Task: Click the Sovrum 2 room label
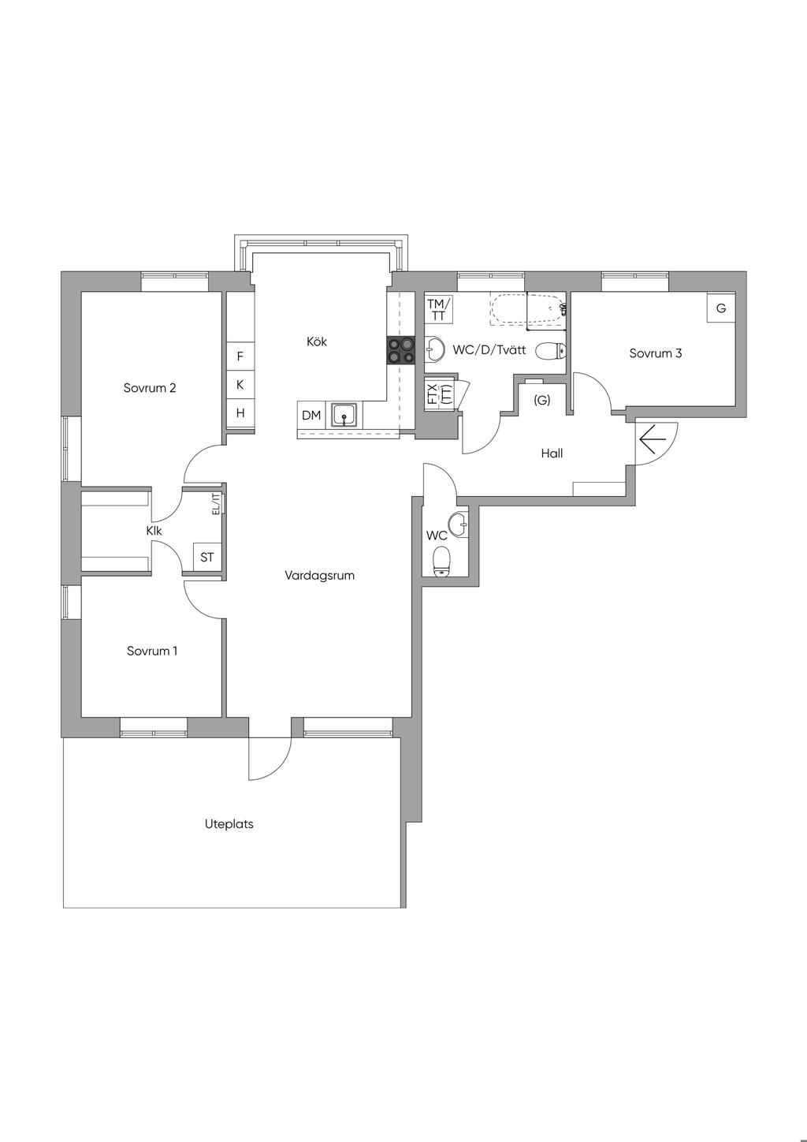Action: coord(150,388)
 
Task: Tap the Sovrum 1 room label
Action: coord(152,651)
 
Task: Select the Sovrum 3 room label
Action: coord(655,353)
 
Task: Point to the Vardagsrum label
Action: coord(319,576)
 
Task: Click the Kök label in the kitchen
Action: coord(316,341)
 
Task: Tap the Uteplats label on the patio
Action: coord(229,824)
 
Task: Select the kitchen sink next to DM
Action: coord(345,415)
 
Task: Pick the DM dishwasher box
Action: coord(311,415)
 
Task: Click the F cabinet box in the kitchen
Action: coord(240,356)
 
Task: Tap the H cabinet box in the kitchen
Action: coord(240,413)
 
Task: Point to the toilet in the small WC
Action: coord(441,561)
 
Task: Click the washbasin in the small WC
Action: coord(459,524)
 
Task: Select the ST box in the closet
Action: coord(206,558)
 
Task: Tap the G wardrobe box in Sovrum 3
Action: coord(721,308)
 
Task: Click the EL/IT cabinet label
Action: coord(217,504)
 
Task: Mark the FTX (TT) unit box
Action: coord(439,394)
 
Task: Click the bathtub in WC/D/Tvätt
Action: coord(528,308)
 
